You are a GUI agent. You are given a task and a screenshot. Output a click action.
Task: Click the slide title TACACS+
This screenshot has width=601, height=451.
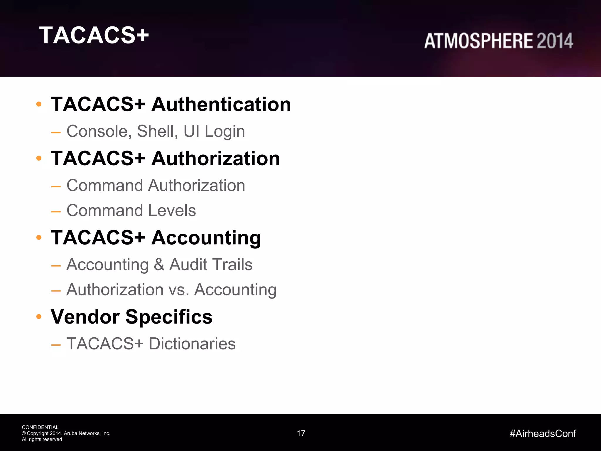(94, 35)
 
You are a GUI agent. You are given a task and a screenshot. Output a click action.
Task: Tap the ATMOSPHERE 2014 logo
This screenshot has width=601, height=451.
(498, 41)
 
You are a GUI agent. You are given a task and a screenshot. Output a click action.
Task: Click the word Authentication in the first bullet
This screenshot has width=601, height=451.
(221, 105)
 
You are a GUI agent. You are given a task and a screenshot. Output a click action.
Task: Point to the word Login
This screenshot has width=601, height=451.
(224, 132)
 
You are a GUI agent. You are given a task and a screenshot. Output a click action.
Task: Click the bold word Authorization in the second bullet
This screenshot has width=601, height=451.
(215, 159)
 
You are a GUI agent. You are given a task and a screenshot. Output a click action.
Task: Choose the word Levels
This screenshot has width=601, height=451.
(172, 211)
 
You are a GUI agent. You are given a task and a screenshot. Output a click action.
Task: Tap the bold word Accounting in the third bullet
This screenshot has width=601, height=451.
(206, 238)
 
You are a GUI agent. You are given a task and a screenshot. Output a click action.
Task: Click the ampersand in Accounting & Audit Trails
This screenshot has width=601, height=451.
(159, 265)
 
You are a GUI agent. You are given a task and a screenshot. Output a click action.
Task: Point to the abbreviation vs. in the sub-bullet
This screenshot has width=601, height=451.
(179, 290)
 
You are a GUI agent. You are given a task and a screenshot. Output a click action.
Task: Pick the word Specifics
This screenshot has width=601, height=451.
(169, 317)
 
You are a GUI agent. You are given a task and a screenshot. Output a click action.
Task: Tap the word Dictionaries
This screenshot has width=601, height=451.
(192, 344)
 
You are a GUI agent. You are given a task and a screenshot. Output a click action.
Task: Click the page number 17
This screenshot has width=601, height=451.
(301, 433)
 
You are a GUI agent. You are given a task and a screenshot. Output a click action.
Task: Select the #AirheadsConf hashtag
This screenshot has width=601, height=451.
(543, 433)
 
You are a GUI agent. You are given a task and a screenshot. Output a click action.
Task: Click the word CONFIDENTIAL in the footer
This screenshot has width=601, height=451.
(40, 427)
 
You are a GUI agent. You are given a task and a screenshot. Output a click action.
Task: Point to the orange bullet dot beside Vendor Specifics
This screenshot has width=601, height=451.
(39, 317)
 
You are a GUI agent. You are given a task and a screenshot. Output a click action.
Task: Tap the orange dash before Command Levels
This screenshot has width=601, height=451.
(56, 211)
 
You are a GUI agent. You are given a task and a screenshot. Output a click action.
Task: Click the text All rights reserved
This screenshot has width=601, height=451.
(42, 440)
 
